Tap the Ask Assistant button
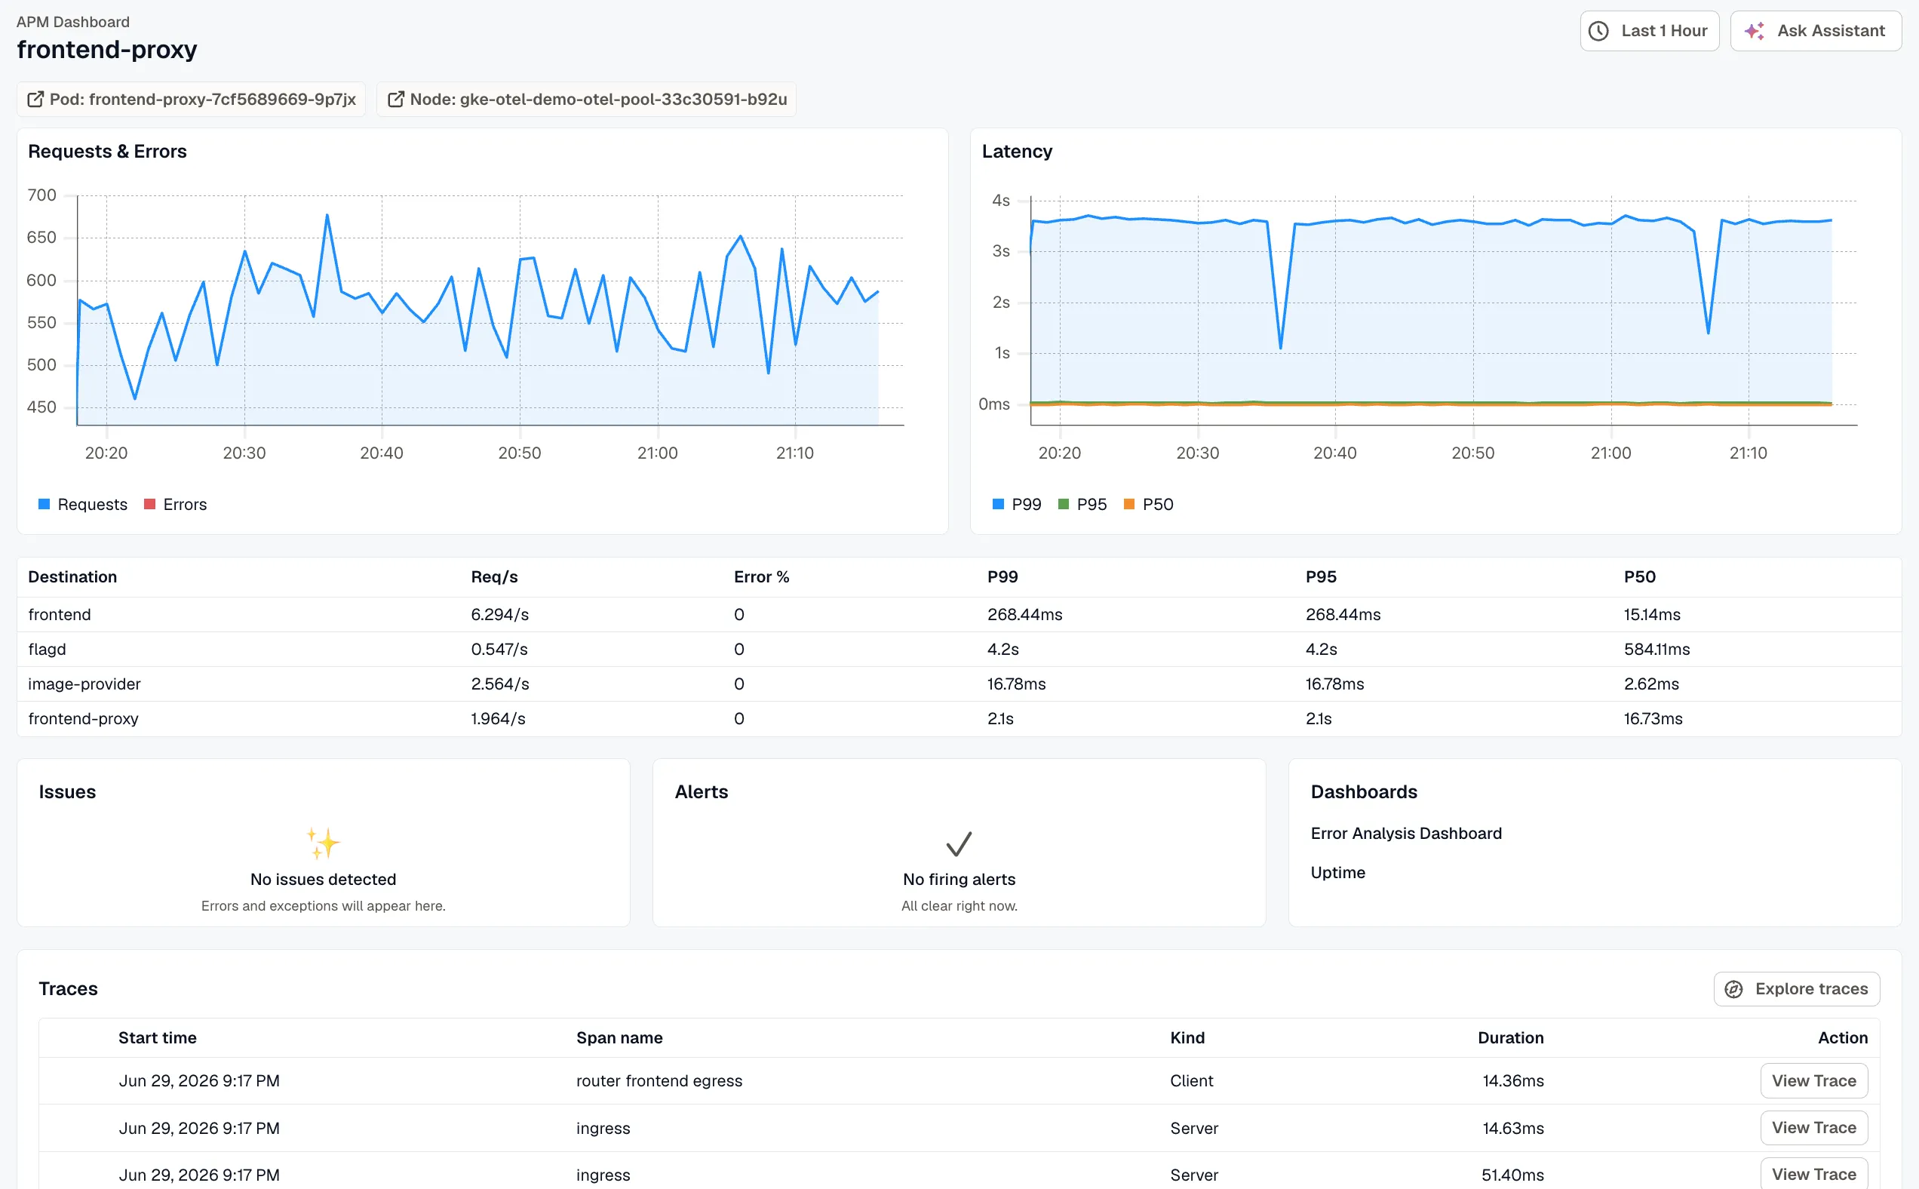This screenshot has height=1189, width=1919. pos(1815,31)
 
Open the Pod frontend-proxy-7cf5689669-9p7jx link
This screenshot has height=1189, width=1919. pos(191,99)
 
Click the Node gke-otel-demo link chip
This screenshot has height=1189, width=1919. pos(586,99)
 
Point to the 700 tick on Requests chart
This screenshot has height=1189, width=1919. pos(41,195)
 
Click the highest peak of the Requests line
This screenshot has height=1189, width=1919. pos(327,215)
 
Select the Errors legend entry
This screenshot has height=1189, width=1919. pos(175,504)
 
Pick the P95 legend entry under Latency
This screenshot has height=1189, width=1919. pos(1082,504)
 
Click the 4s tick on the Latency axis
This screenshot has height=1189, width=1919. pos(1001,201)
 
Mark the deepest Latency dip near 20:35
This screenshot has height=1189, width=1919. pos(1281,347)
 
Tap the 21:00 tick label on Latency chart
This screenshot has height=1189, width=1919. pos(1610,453)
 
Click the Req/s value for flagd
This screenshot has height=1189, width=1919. pos(499,650)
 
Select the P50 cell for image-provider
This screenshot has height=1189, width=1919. pos(1651,684)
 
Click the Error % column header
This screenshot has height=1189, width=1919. pos(761,577)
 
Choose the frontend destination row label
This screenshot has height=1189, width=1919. pos(60,615)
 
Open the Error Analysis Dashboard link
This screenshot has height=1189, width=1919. pos(1405,834)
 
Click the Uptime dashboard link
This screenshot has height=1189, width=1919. pos(1337,873)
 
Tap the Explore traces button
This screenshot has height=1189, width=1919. pos(1796,989)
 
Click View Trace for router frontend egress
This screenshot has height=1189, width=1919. pos(1813,1081)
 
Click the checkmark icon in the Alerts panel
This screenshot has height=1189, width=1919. pos(959,844)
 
